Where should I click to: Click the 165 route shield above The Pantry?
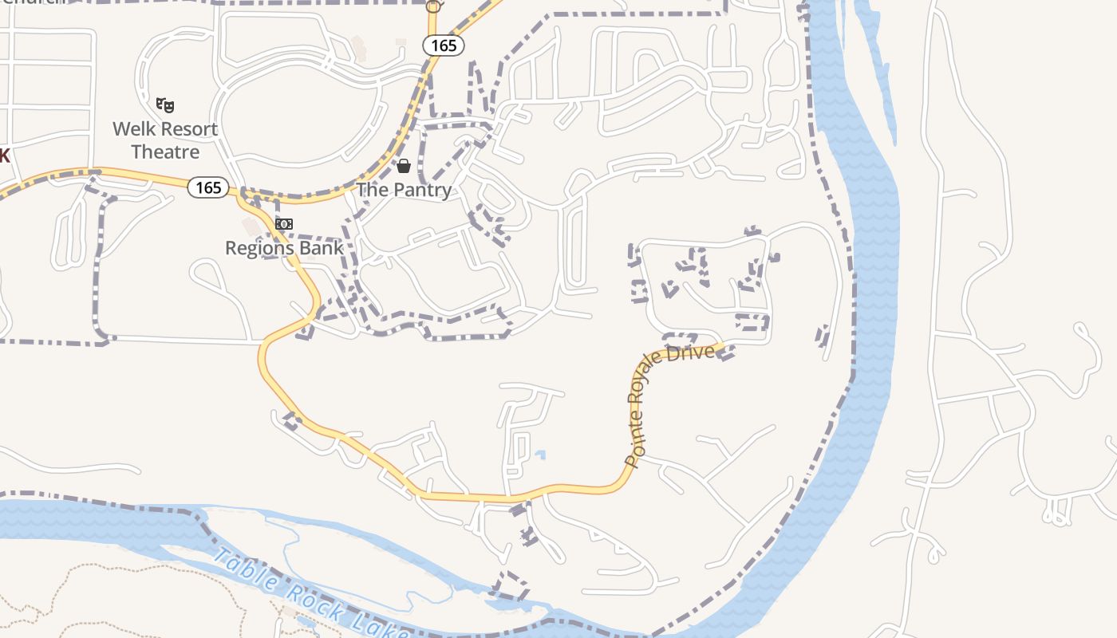[x=444, y=45]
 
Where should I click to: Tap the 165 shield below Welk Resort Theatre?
[x=208, y=187]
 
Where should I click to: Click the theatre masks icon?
[x=165, y=104]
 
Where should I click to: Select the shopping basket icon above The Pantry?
[x=404, y=166]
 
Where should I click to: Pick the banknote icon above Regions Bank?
[x=284, y=224]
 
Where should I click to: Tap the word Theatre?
[x=165, y=152]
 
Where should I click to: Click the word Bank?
[x=323, y=248]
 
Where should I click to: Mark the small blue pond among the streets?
[x=540, y=455]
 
